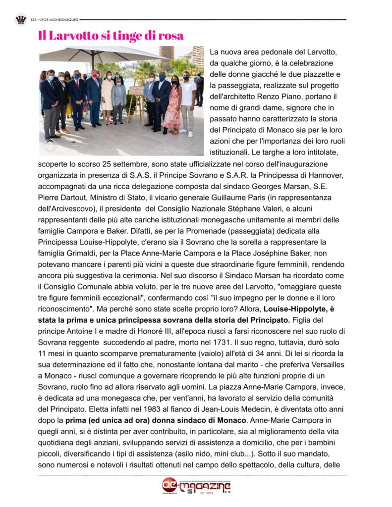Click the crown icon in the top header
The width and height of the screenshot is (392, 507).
click(x=21, y=20)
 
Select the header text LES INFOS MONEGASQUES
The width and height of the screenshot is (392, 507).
click(x=54, y=20)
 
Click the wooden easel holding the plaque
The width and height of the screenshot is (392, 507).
click(x=137, y=101)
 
